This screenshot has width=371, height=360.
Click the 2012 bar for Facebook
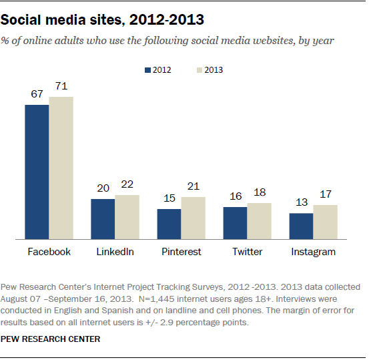pos(37,172)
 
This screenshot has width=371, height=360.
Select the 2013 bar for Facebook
pos(61,168)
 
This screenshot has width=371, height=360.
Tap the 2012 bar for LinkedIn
pos(103,218)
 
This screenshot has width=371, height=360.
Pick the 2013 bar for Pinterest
pos(193,218)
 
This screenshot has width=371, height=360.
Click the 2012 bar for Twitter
pos(235,222)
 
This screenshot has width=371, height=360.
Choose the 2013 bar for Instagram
pos(325,222)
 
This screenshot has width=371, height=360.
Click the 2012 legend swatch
pos(147,69)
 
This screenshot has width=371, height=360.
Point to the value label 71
pos(61,87)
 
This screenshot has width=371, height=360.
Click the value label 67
pos(37,95)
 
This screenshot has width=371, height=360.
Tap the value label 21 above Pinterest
pos(194,187)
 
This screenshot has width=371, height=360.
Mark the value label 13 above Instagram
pos(300,203)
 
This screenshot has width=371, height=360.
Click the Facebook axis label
pos(49,252)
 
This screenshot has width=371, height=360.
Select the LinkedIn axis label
pos(115,252)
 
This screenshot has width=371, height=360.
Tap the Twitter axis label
pos(247,252)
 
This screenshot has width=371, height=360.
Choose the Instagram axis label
pos(313,252)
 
